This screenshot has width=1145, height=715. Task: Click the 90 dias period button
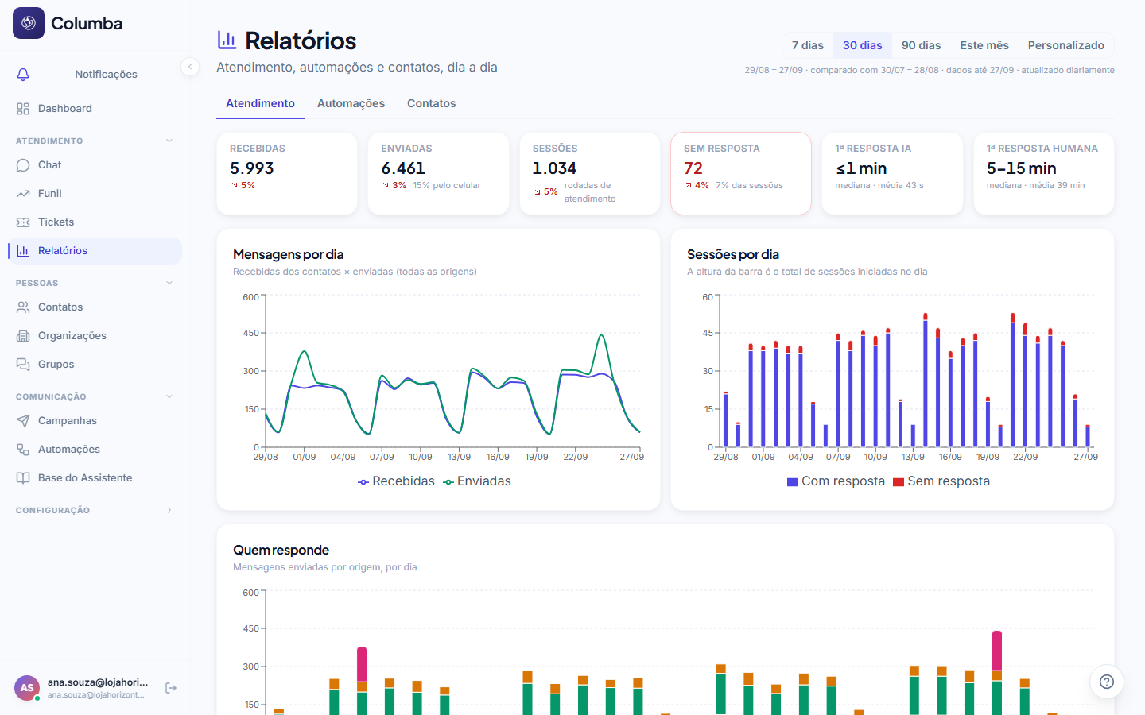921,45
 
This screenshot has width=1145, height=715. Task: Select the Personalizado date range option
1065,45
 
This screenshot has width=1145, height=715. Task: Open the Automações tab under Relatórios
351,103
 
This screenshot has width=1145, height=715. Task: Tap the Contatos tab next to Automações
431,103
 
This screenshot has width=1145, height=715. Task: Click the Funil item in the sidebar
49,194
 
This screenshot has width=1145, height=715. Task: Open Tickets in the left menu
56,222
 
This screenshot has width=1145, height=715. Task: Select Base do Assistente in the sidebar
85,478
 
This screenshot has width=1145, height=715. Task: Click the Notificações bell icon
23,75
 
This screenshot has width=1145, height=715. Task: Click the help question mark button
1106,682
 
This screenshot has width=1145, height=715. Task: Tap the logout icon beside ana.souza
171,688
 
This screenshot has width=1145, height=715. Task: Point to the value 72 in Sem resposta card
693,168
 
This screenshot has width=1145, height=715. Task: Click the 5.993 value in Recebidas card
251,168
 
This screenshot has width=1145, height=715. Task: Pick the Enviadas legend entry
477,481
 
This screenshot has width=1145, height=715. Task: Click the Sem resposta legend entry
941,481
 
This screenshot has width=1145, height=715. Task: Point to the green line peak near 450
602,335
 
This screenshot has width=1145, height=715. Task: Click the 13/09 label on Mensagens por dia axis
459,457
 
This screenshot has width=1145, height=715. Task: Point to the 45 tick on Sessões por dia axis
708,333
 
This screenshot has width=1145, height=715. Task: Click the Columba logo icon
29,23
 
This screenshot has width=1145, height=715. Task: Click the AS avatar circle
27,688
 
